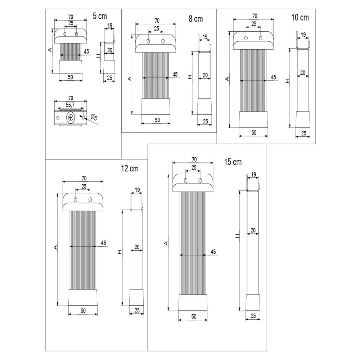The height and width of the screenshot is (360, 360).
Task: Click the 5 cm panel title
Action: [100, 16]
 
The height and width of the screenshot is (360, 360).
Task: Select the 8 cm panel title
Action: [196, 19]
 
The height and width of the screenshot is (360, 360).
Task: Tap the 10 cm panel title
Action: [300, 17]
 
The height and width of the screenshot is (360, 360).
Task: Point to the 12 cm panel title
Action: [130, 168]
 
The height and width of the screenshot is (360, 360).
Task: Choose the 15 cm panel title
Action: [233, 162]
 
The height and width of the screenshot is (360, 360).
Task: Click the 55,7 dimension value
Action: [70, 105]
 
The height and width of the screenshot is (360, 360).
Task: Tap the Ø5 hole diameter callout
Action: [94, 118]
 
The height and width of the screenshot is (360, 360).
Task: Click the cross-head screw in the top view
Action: [71, 118]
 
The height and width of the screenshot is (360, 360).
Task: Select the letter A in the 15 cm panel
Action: [166, 243]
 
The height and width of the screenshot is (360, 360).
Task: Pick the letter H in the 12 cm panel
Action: [120, 252]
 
